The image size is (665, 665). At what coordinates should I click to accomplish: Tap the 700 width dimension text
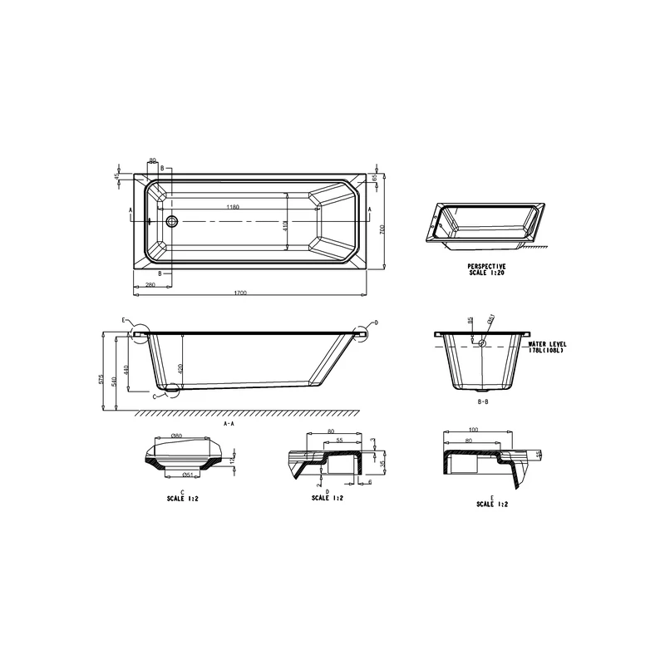point(382,230)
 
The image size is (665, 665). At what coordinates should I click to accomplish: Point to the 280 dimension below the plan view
point(150,285)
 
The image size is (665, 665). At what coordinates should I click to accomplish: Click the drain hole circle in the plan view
point(172,221)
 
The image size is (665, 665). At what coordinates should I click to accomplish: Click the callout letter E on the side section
point(123,320)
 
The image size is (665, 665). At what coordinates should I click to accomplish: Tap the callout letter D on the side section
point(376,323)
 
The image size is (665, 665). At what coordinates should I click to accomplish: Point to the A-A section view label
point(229,423)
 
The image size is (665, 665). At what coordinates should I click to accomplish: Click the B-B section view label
point(482,401)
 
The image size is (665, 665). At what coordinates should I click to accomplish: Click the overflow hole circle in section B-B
point(481,342)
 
